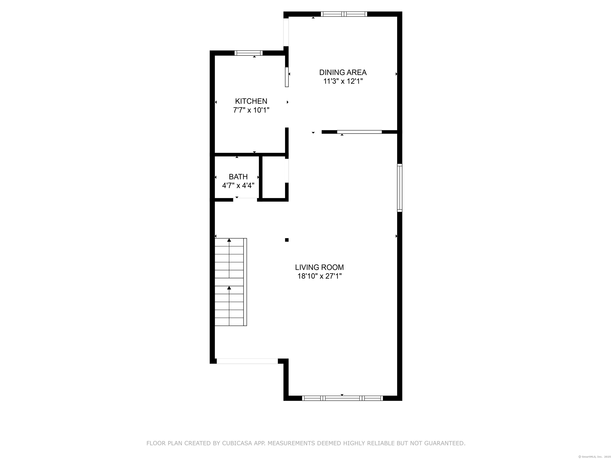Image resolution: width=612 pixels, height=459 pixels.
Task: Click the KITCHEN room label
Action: point(251,101)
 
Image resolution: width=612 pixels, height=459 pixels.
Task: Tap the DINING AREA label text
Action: point(343,73)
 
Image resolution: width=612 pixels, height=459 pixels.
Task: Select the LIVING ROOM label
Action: point(319,267)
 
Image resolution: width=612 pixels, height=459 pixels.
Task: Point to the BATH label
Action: point(238,177)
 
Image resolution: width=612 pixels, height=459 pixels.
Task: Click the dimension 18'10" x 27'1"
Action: point(319,276)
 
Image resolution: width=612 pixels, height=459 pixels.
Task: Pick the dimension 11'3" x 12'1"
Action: point(343,81)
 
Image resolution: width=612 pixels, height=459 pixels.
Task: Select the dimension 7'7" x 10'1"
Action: point(251,110)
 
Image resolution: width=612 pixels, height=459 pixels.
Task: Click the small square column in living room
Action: point(287,240)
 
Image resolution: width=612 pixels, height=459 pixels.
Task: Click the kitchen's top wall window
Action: point(248,53)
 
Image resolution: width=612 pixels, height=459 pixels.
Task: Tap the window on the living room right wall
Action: point(399,188)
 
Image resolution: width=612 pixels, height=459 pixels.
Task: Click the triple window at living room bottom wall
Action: point(342,398)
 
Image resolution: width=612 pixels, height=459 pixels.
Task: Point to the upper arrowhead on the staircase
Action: point(229,240)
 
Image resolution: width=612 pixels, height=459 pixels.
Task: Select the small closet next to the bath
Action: point(273,177)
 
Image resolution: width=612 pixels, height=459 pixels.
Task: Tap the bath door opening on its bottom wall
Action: point(245,199)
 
